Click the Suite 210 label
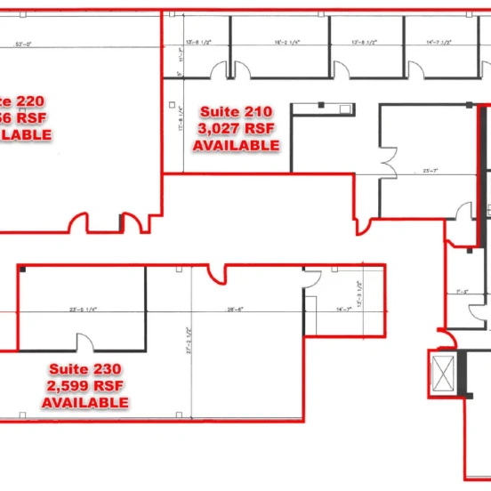[236, 111]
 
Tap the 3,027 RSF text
[236, 128]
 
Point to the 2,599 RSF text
[85, 386]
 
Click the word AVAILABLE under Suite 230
[85, 403]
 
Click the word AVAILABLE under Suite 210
[236, 144]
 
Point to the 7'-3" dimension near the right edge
[462, 291]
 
